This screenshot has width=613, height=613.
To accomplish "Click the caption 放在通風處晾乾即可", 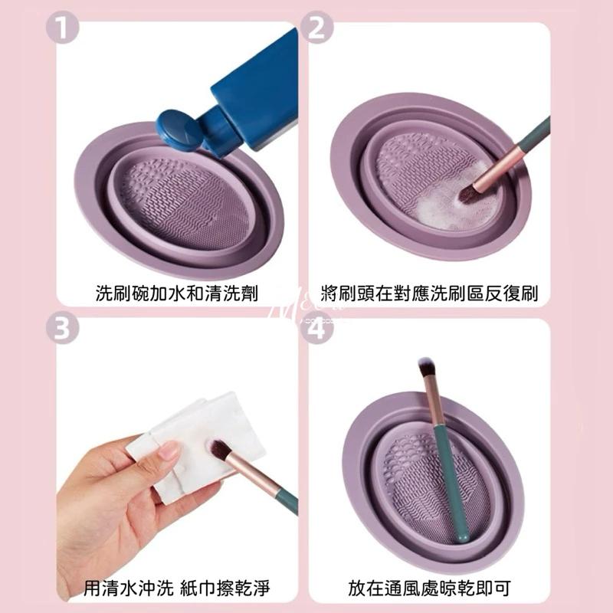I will pyautogui.click(x=429, y=588).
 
